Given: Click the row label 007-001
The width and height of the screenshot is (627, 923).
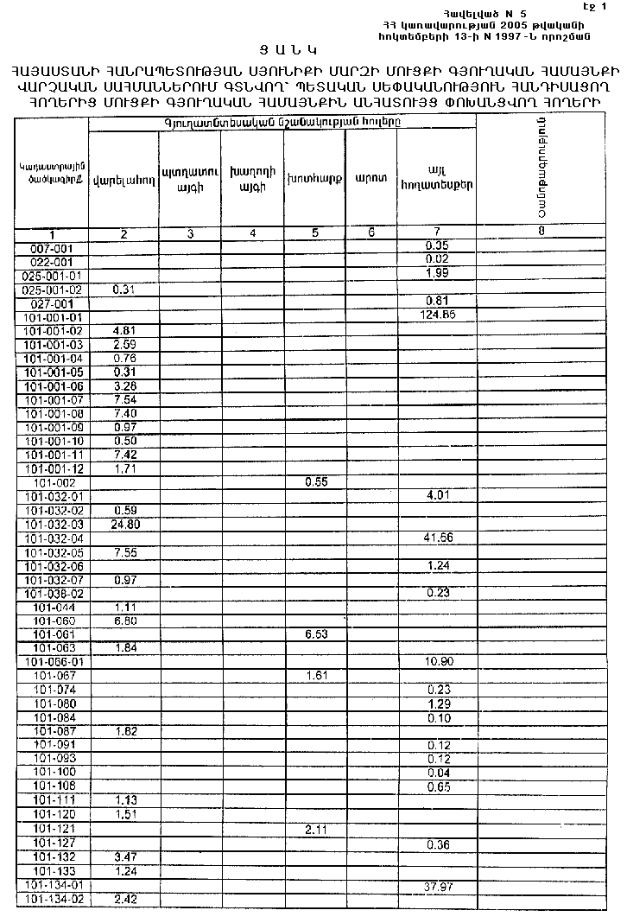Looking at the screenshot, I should tap(52, 248).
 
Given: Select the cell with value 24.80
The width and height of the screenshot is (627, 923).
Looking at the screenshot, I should tap(123, 524).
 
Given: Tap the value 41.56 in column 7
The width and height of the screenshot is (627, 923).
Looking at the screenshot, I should tap(440, 538).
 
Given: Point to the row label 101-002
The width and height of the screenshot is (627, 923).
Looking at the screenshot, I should tap(52, 482).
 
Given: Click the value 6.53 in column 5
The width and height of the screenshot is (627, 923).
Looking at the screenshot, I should tap(318, 634).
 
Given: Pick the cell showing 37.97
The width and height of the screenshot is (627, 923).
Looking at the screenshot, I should tap(440, 885).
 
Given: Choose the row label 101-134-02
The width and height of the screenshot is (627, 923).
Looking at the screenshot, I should tap(54, 899).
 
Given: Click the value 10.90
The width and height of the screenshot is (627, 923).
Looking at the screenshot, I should tap(440, 662).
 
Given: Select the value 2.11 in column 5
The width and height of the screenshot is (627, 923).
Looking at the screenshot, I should tap(318, 830).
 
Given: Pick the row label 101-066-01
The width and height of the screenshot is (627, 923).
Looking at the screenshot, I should tap(54, 662).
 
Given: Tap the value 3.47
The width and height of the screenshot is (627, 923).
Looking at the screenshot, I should tap(123, 857).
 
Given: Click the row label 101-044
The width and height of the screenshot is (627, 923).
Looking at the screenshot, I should tap(52, 607).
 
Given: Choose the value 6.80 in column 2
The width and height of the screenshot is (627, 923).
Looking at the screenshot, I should tap(123, 621).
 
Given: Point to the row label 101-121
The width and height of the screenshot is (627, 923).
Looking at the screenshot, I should tap(52, 830).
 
